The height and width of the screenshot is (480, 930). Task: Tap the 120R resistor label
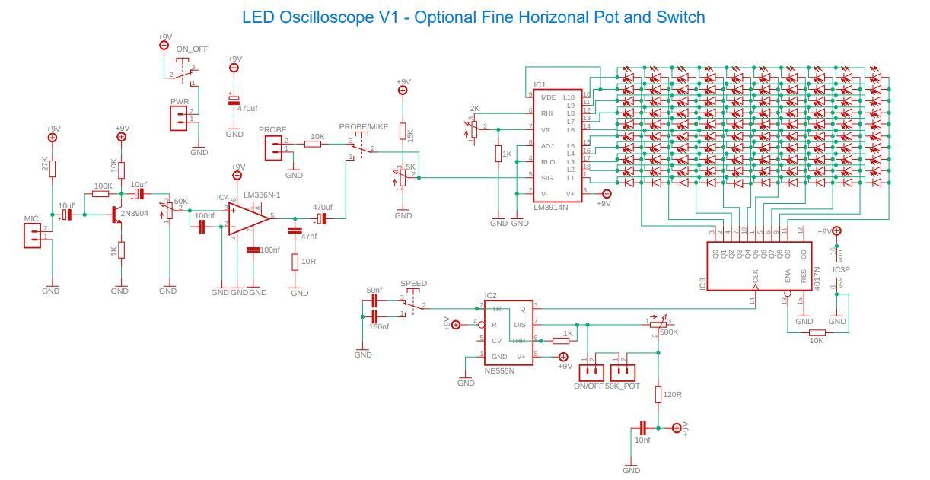point(673,396)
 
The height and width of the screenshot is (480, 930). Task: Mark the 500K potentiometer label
point(669,332)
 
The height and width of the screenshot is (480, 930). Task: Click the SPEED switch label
point(413,283)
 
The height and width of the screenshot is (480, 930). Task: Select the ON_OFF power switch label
point(192,49)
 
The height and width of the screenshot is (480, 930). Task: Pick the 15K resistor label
point(411,135)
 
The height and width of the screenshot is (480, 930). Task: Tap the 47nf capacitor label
point(309,237)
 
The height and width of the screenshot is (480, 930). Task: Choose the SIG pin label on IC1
point(546,178)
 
